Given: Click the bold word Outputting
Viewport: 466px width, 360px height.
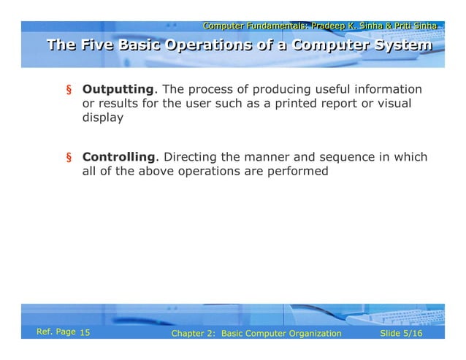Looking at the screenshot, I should tap(118, 89).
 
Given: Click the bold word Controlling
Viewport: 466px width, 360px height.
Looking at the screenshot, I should tap(119, 157).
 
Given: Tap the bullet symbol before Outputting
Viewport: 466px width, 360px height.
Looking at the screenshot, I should tap(69, 91).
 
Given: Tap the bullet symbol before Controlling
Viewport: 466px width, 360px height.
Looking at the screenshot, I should tap(69, 158).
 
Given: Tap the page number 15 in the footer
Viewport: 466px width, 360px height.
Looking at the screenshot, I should tap(84, 334).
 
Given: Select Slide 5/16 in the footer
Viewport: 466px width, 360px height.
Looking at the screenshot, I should tap(402, 334).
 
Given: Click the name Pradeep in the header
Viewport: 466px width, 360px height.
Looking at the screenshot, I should tap(328, 26).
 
